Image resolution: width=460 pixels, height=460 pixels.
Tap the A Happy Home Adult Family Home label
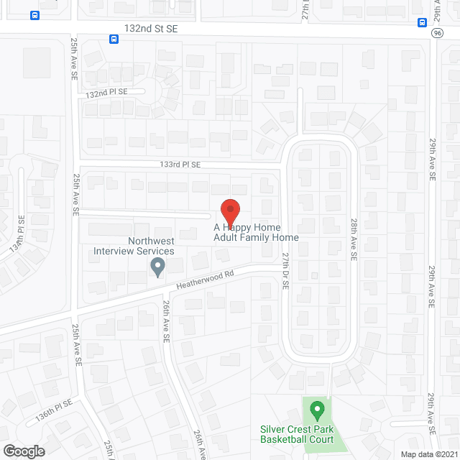click(x=256, y=232)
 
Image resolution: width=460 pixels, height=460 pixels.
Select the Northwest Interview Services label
click(x=134, y=246)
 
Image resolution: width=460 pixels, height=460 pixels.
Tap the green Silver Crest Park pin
click(x=316, y=412)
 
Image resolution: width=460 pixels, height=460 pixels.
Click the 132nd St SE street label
click(x=149, y=27)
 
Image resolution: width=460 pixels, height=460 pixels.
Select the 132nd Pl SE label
click(x=106, y=93)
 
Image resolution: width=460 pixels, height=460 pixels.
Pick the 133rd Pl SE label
click(x=180, y=165)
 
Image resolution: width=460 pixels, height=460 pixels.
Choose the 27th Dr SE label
click(x=285, y=270)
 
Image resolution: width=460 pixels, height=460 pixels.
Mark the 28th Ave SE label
click(x=354, y=240)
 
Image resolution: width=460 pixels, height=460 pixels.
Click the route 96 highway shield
click(x=438, y=33)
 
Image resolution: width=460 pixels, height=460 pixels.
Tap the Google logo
click(x=23, y=451)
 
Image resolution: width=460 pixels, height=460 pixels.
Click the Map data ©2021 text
click(x=428, y=454)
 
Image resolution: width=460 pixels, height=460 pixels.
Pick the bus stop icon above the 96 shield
click(x=422, y=22)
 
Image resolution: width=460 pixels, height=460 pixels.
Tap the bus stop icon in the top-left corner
click(x=34, y=15)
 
